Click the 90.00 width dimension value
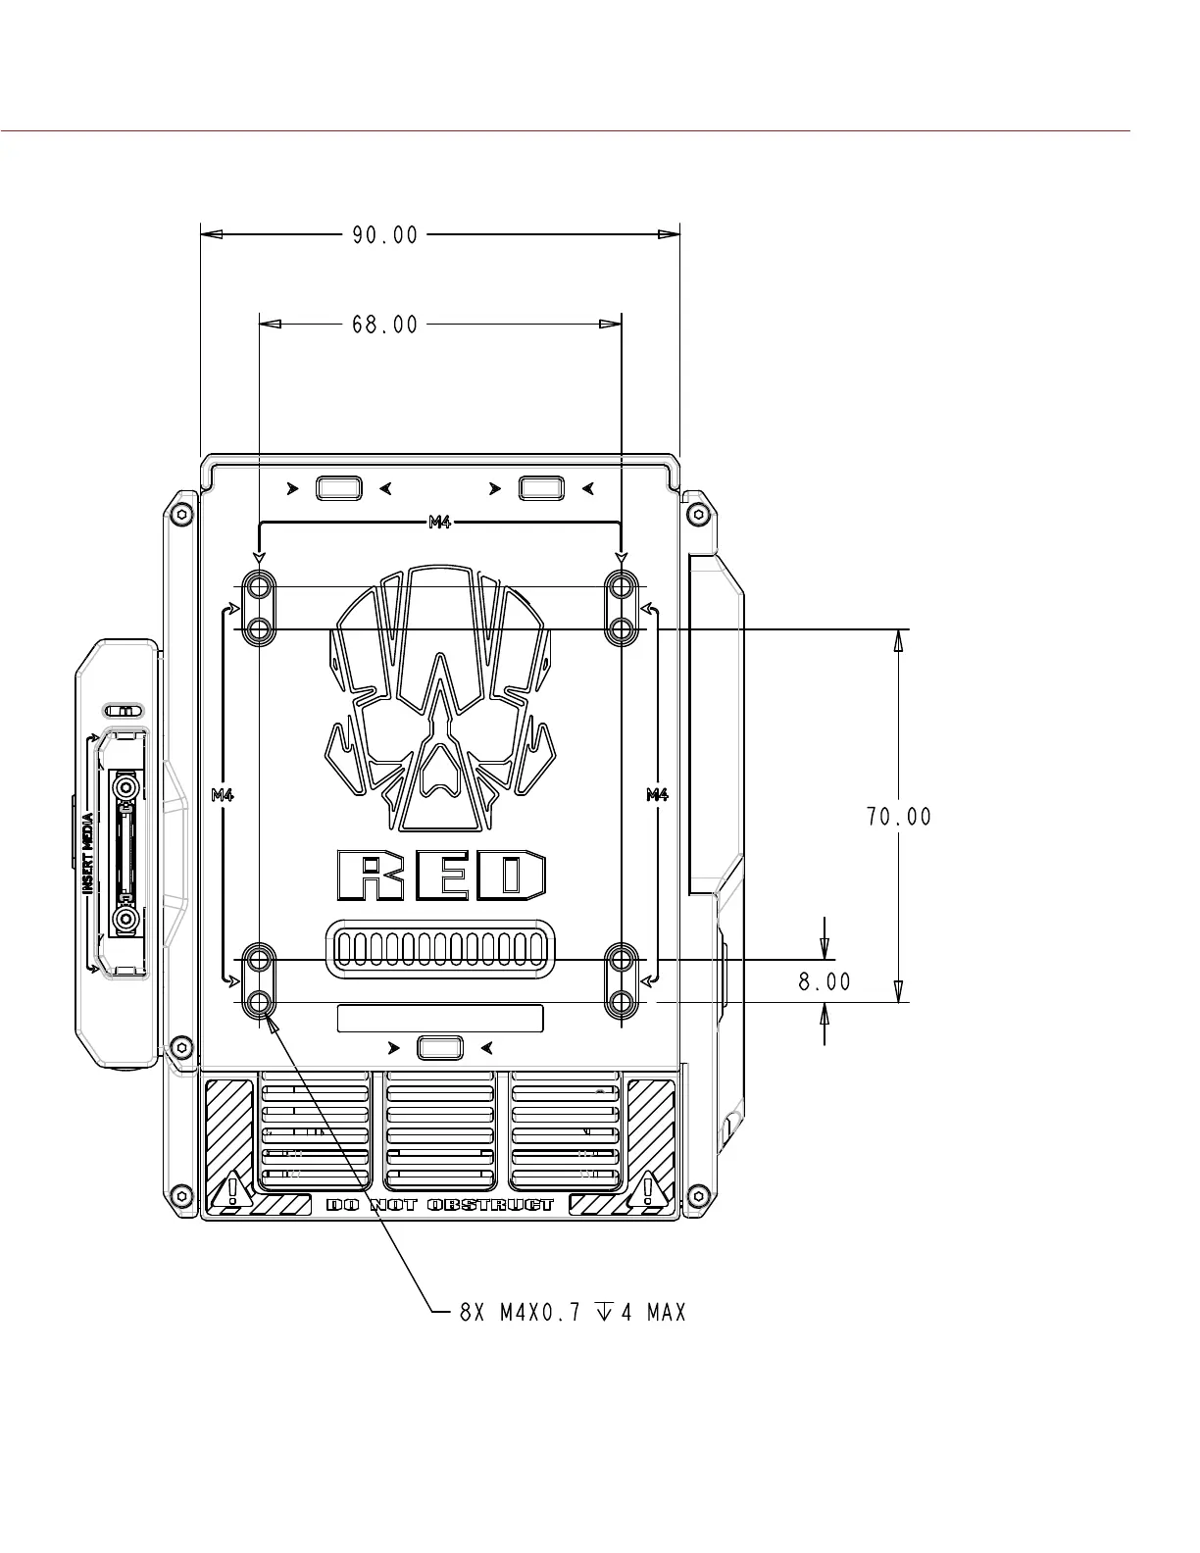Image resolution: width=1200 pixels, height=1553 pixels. pyautogui.click(x=384, y=235)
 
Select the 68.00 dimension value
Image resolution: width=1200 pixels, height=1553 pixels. pyautogui.click(x=384, y=326)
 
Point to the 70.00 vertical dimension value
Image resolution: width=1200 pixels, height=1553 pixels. pyautogui.click(x=898, y=817)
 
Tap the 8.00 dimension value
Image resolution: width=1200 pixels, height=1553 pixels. pyautogui.click(x=825, y=982)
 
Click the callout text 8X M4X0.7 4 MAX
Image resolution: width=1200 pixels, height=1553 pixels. pyautogui.click(x=573, y=1313)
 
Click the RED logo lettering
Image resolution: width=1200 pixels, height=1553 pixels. pyautogui.click(x=441, y=876)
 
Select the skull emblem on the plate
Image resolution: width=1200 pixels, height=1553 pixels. pyautogui.click(x=440, y=699)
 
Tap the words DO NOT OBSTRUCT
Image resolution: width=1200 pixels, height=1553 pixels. pyautogui.click(x=439, y=1205)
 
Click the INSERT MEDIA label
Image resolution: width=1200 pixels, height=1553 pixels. pyautogui.click(x=88, y=853)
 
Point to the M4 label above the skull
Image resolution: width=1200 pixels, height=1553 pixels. pyautogui.click(x=439, y=523)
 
